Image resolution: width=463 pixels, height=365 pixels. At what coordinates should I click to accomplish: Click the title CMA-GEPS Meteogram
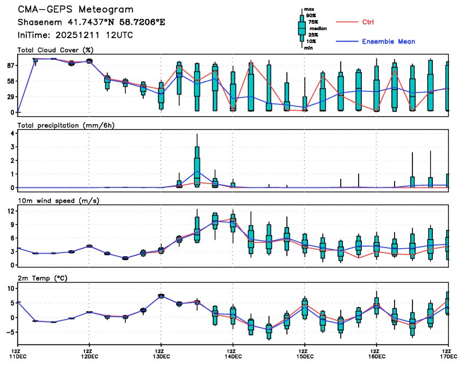76,10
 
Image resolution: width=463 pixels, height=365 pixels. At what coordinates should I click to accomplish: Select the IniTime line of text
75,35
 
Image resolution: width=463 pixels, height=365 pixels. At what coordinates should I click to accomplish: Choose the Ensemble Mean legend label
388,41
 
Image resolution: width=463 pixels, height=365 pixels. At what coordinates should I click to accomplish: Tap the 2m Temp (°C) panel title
46,278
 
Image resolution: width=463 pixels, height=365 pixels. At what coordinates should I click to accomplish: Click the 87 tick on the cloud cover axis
10,65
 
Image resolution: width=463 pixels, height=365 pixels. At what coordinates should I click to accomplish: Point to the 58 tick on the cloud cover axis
10,81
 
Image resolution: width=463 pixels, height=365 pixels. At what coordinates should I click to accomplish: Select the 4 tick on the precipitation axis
12,132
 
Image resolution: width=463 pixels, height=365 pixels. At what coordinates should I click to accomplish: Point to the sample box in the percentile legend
302,27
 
